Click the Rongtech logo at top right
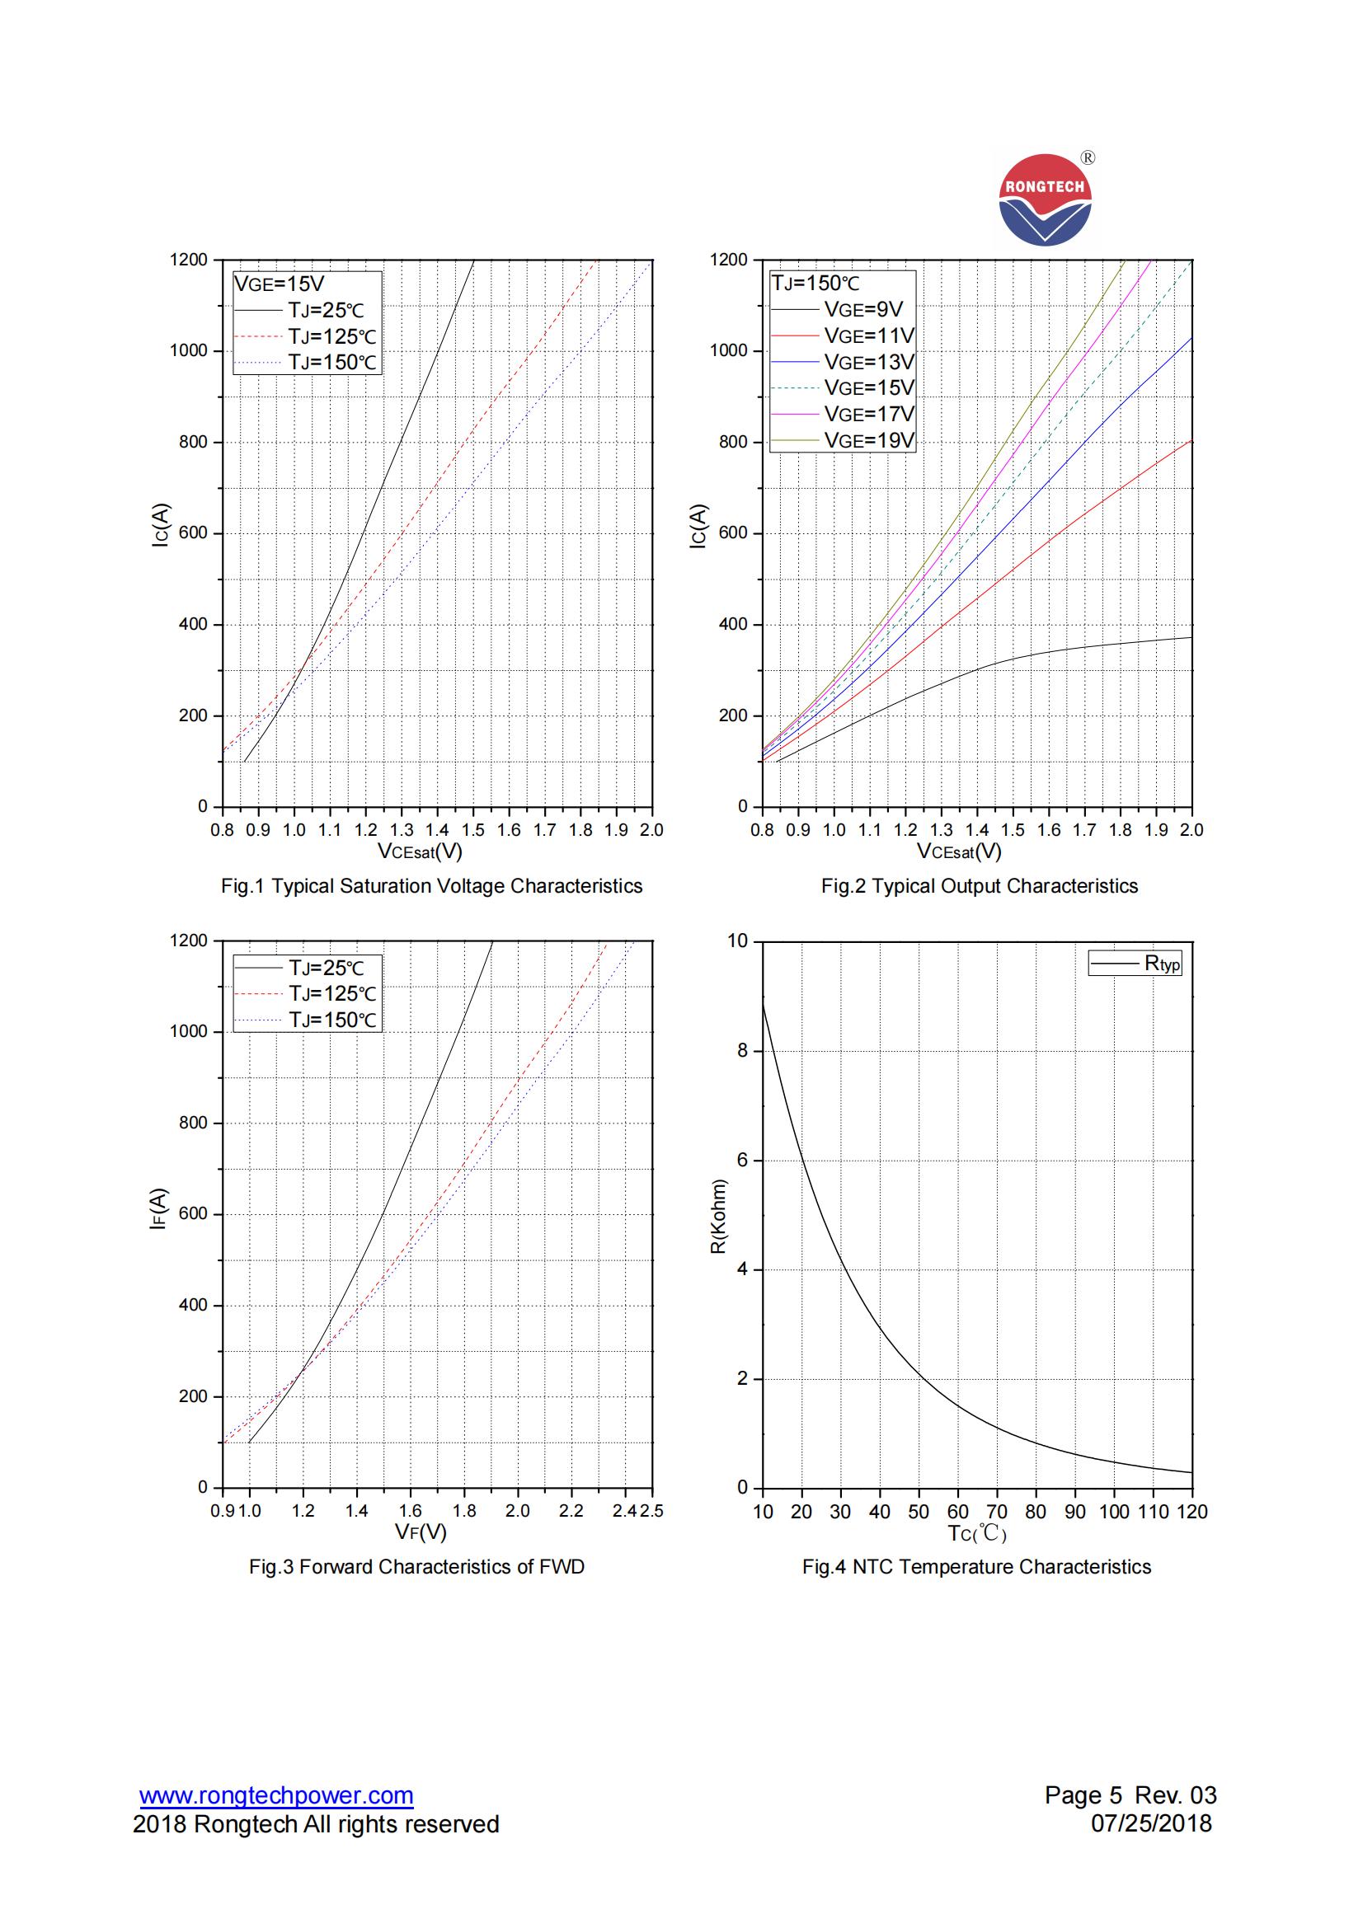pos(1046,199)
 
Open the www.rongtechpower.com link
pos(276,1795)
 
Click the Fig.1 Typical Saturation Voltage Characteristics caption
pos(432,886)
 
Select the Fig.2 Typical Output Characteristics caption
pos(980,886)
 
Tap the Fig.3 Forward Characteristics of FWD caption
pos(416,1567)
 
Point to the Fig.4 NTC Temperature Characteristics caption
pos(976,1567)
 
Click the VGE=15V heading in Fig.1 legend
pos(279,284)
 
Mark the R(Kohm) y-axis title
pos(718,1218)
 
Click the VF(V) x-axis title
pos(421,1532)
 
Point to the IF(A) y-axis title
pos(157,1209)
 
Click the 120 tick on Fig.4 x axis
pos(1191,1512)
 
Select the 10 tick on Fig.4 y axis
pos(737,941)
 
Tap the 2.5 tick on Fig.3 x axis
pos(651,1511)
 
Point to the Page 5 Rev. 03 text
pos(1130,1795)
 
